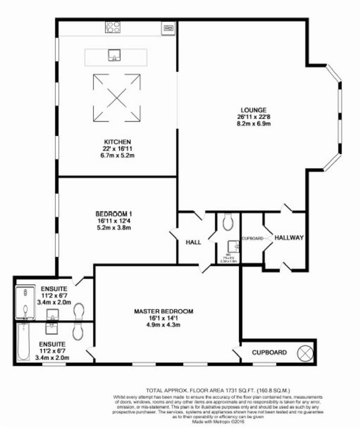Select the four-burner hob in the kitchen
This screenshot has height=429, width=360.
pyautogui.click(x=113, y=27)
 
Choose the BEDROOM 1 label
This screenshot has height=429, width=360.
pyautogui.click(x=113, y=214)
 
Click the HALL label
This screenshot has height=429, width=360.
pyautogui.click(x=193, y=242)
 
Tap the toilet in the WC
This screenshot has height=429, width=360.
pyautogui.click(x=228, y=222)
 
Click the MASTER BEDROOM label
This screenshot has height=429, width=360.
pyautogui.click(x=163, y=311)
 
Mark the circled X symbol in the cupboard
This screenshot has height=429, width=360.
pyautogui.click(x=305, y=352)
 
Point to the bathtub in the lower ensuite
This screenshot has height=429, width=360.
pyautogui.click(x=24, y=343)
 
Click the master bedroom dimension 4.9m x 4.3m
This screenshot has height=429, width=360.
pyautogui.click(x=163, y=325)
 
